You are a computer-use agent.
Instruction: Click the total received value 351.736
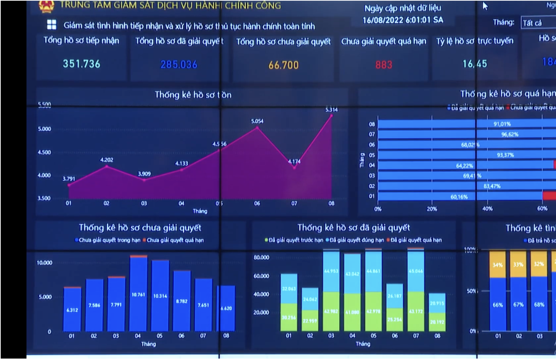click(x=82, y=64)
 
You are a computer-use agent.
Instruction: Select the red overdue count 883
click(x=384, y=65)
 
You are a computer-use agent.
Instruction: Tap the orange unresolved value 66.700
click(x=283, y=65)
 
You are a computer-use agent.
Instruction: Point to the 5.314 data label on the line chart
click(x=331, y=110)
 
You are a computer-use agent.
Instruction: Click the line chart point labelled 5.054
click(x=257, y=127)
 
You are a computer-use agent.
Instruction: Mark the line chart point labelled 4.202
click(x=107, y=166)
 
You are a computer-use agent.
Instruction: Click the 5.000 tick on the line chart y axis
click(x=44, y=129)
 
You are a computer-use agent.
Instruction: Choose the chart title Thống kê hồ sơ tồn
click(x=193, y=95)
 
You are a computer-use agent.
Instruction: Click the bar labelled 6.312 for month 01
click(x=72, y=310)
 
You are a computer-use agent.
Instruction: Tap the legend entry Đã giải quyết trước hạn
click(x=294, y=240)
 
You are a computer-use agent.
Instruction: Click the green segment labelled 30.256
click(x=289, y=317)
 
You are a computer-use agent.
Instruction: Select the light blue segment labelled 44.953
click(x=331, y=271)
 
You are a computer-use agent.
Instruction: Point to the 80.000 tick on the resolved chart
click(x=261, y=257)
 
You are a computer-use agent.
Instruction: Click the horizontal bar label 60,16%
click(x=459, y=197)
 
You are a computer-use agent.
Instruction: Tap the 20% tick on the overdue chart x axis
click(x=432, y=209)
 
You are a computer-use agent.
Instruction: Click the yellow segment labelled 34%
click(x=497, y=265)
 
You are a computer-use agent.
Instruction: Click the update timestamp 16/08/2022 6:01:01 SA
click(x=403, y=20)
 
